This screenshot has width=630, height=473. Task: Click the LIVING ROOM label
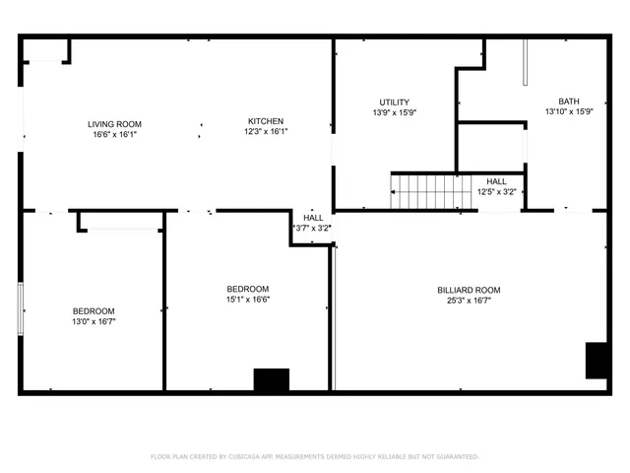coord(114,124)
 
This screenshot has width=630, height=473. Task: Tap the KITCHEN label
coord(265,121)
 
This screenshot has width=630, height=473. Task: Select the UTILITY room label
coord(394,102)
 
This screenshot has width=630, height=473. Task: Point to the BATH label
coord(568,101)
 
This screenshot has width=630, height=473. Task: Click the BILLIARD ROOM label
coord(469,290)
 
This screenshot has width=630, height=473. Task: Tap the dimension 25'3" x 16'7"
coord(469,301)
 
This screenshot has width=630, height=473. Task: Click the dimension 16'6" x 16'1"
coord(114,135)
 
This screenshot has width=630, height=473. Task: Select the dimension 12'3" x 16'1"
coord(265,131)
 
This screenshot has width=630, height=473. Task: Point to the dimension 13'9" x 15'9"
coord(394,112)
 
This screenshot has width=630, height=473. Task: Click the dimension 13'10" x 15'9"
coord(568,112)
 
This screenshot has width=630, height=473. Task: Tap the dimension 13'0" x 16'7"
coord(94,321)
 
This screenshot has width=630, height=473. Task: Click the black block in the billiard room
coord(598,360)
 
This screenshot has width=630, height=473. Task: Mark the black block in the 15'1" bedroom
coord(272,379)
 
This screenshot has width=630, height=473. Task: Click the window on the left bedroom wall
coord(21,307)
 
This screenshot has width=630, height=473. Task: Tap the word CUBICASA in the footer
coord(252,456)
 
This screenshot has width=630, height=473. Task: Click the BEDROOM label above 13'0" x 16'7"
coord(94,310)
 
